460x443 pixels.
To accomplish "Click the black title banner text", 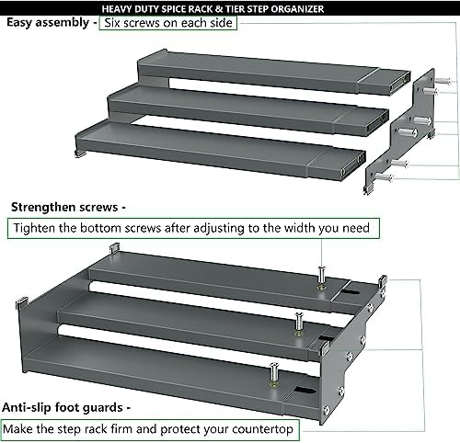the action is [x=213, y=8].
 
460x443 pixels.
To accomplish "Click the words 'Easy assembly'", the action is [x=48, y=23].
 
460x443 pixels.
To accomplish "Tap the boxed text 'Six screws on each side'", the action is [x=168, y=23].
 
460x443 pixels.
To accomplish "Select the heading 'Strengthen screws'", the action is [x=64, y=208].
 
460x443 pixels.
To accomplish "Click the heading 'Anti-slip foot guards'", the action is [x=63, y=408].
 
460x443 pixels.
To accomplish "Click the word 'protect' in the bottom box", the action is [x=180, y=429].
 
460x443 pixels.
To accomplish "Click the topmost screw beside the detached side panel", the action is [x=443, y=81].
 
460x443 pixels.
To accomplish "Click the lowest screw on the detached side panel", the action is [x=385, y=176].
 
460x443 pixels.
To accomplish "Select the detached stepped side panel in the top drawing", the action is [x=399, y=131].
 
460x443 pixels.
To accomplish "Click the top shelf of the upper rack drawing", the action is [x=273, y=74].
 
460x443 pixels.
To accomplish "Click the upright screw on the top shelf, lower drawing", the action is [x=321, y=278].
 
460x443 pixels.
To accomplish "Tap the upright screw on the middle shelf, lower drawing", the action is [x=299, y=324].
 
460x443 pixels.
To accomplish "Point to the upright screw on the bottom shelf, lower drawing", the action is [x=273, y=375].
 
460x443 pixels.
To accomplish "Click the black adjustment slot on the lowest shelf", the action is [x=305, y=391].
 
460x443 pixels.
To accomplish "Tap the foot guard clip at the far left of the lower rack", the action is [x=22, y=303].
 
